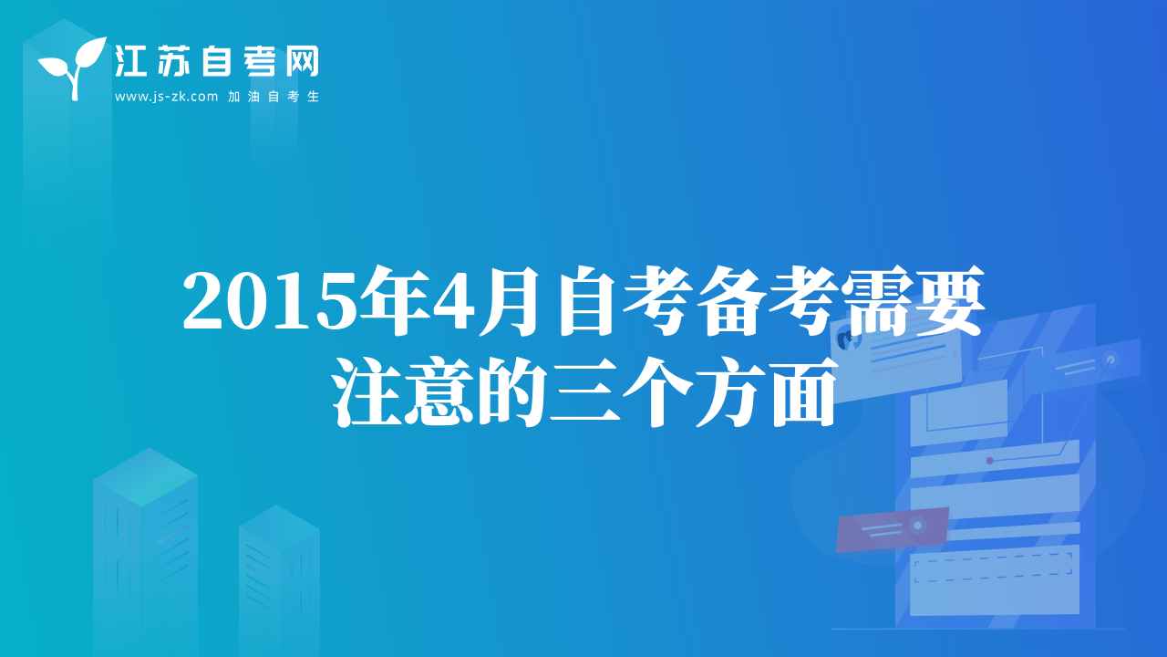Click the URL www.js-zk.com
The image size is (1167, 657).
pos(166,97)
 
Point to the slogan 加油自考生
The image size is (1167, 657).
pos(274,97)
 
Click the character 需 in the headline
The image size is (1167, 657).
pos(876,301)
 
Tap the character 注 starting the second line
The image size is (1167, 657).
pos(367,392)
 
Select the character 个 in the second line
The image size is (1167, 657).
pos(657,392)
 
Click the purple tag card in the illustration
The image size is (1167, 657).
pos(892,529)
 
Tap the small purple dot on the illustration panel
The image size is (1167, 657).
pos(990,461)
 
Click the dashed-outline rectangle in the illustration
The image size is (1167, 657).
pos(994,568)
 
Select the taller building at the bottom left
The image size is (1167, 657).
pos(145,552)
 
